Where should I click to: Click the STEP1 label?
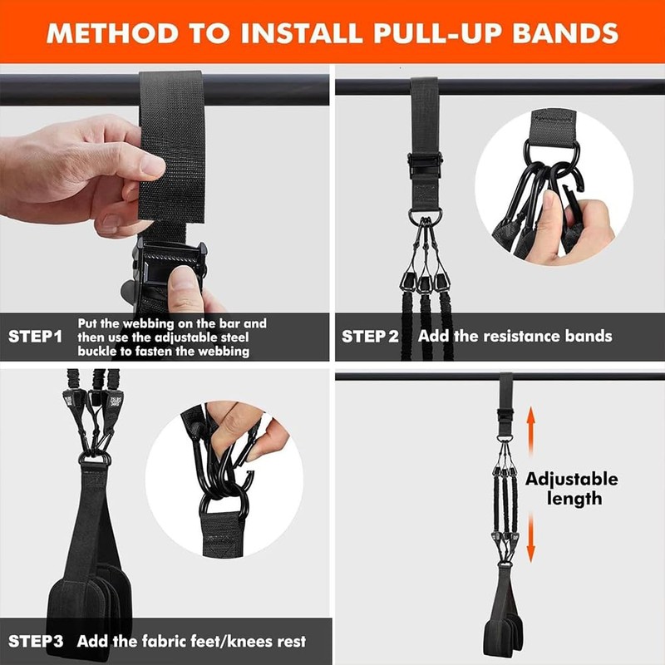pyautogui.click(x=36, y=337)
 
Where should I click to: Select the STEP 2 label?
pyautogui.click(x=370, y=337)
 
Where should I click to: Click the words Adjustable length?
pyautogui.click(x=571, y=489)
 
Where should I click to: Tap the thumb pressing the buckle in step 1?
pyautogui.click(x=186, y=287)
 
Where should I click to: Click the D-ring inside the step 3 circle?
pyautogui.click(x=226, y=507)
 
